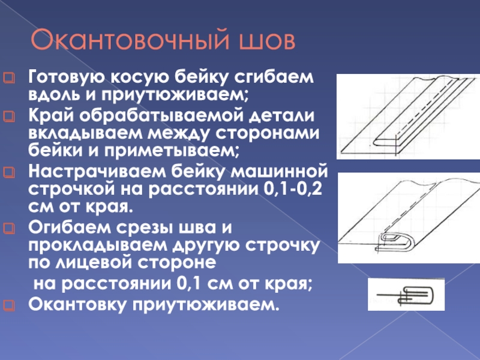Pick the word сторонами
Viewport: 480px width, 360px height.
tap(267, 133)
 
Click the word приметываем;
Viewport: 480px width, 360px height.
tap(172, 151)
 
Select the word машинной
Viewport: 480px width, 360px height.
tap(279, 172)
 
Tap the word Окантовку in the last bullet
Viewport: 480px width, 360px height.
tap(77, 305)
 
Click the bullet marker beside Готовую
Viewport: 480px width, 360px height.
tap(9, 77)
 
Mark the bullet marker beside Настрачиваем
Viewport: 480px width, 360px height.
tap(9, 172)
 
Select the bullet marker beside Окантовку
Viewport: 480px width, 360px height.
tap(9, 305)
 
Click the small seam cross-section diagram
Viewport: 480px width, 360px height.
tap(406, 295)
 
